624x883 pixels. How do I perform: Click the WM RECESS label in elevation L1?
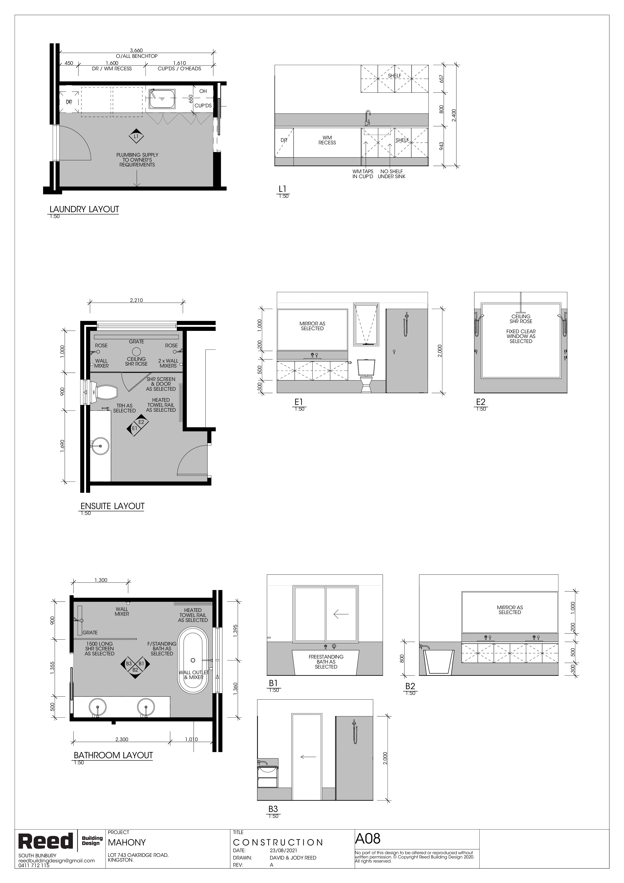point(327,140)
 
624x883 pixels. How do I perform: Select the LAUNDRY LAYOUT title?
point(84,209)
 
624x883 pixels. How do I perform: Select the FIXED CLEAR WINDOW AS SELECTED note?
point(521,336)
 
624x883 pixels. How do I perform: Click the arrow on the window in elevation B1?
point(341,615)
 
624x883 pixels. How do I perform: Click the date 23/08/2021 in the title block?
point(283,851)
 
